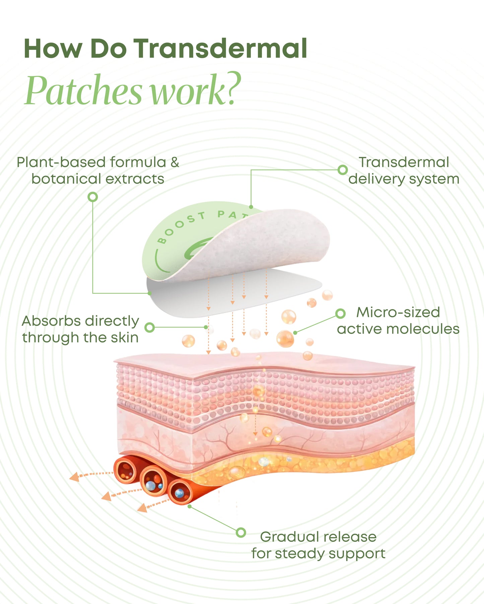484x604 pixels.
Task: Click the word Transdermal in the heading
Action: pyautogui.click(x=221, y=49)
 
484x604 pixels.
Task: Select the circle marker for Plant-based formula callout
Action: pyautogui.click(x=93, y=197)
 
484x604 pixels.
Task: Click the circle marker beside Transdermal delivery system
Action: pyautogui.click(x=342, y=170)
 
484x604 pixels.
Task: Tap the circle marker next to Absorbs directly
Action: pyautogui.click(x=150, y=327)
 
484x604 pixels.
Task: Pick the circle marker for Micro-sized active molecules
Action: pyautogui.click(x=340, y=313)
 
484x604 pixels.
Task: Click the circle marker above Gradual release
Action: pyautogui.click(x=241, y=532)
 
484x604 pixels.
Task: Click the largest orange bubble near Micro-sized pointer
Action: pyautogui.click(x=285, y=338)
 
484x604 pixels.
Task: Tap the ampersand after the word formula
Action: pyautogui.click(x=175, y=163)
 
